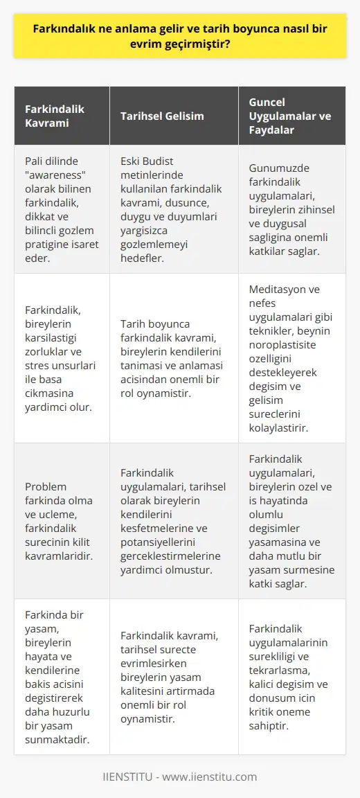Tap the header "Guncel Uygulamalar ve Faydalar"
click(x=291, y=116)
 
